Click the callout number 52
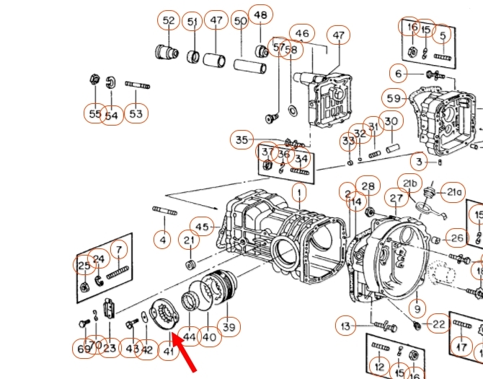coord(169,21)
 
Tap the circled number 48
coord(260,15)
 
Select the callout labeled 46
coord(302,33)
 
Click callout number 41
coord(169,350)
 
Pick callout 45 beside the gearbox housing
coord(202,227)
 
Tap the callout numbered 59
coord(394,98)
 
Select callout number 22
coord(438,325)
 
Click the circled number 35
coord(241,140)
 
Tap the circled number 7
coord(118,250)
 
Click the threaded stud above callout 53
coord(137,85)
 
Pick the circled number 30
coord(391,121)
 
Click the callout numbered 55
coord(95,114)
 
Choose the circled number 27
coord(396,199)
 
